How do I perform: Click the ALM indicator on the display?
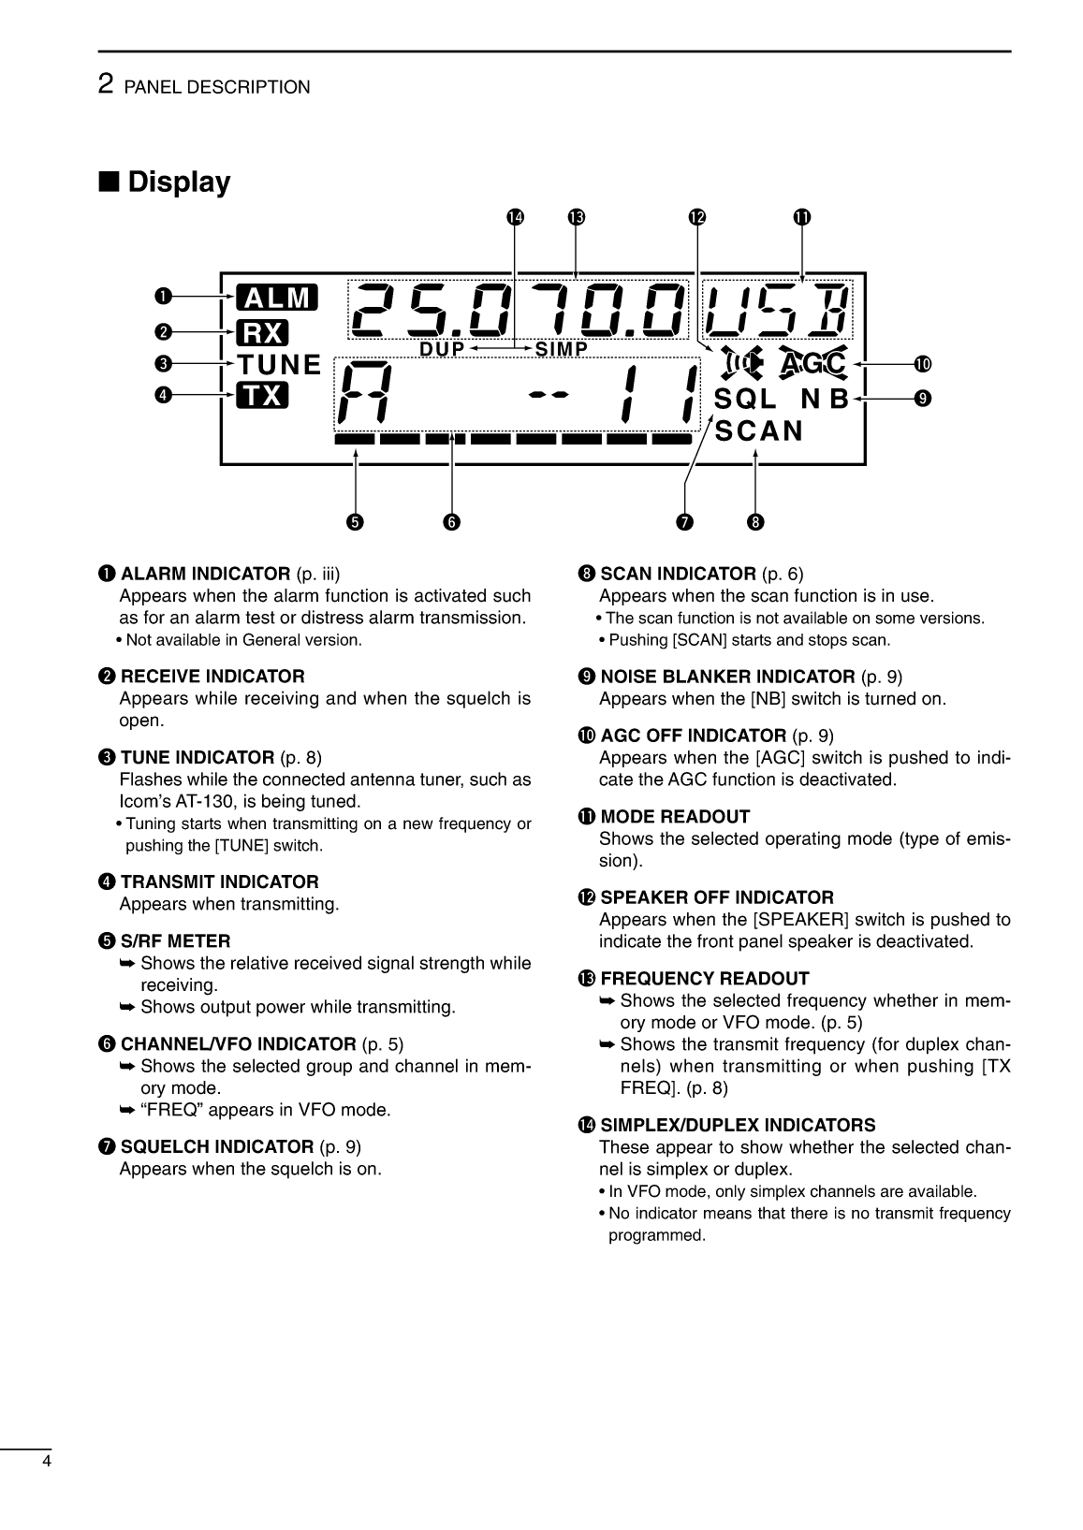(277, 298)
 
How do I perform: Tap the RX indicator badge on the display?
(262, 332)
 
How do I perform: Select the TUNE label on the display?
(278, 364)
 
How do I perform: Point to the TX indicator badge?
(262, 396)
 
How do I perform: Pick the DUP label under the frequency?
(442, 349)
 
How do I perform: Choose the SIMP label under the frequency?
(561, 349)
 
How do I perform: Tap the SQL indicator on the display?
(745, 400)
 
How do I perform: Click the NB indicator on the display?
(824, 400)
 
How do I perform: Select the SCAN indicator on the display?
(758, 430)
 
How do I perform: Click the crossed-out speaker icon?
(742, 362)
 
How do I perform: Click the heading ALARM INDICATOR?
(205, 574)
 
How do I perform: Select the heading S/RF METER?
(175, 940)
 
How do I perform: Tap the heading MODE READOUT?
(674, 817)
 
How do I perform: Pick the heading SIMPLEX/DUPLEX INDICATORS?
(738, 1125)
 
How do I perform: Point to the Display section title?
(178, 182)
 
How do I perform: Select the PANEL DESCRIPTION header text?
(216, 88)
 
